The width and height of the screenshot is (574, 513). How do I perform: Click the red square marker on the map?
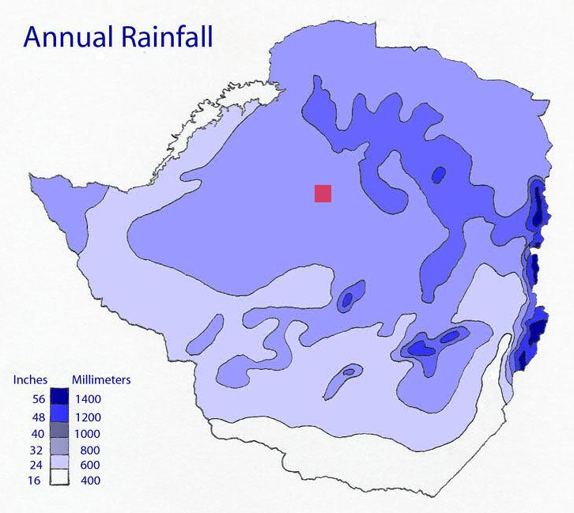point(323,194)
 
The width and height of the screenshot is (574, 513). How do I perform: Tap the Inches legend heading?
point(31,380)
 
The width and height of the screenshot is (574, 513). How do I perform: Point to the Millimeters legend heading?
point(101,380)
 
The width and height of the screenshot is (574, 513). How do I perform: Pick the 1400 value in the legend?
point(89,400)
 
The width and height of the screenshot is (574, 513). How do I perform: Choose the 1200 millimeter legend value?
point(89,417)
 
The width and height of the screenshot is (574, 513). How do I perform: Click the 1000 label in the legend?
point(89,433)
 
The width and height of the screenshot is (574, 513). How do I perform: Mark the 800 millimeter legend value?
point(89,450)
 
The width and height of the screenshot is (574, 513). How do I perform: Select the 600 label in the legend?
point(89,465)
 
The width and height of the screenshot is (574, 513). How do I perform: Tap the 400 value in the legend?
point(89,480)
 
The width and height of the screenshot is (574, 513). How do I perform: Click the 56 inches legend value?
point(36,400)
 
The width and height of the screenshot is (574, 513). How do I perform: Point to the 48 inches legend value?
point(36,417)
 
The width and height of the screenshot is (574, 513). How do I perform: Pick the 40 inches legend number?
point(36,433)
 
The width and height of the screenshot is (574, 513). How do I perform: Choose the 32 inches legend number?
point(36,450)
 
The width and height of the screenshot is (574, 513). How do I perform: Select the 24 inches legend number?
point(36,465)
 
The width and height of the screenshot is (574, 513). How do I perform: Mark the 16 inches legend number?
point(36,480)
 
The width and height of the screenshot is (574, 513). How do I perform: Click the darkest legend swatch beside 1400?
point(62,395)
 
